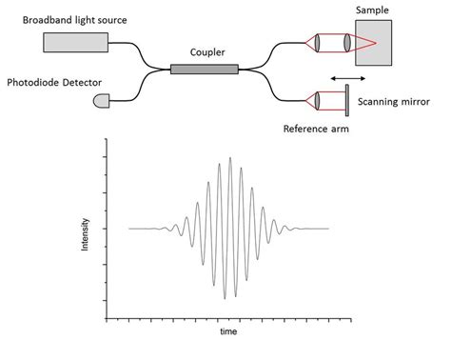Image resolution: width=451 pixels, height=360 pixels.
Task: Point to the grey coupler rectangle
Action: point(204,68)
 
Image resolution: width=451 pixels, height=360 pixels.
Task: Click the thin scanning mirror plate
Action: point(344,100)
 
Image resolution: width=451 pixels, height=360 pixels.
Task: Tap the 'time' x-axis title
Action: point(227,332)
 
